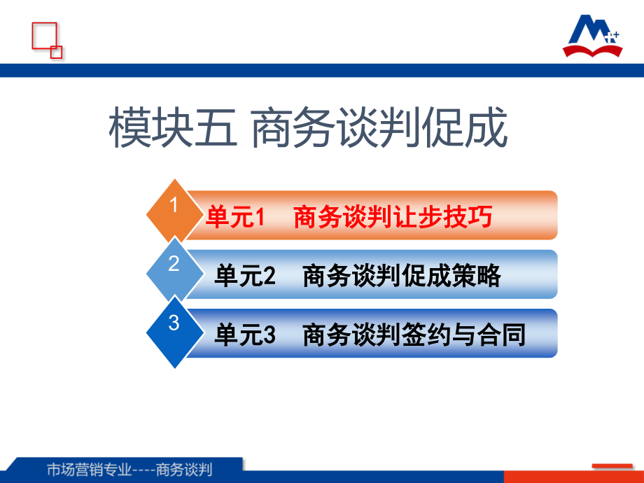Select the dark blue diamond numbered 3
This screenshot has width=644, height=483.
[x=174, y=331]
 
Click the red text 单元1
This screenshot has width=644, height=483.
[x=235, y=216]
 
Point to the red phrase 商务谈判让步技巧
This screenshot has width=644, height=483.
[x=393, y=216]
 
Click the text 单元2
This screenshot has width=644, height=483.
[x=245, y=275]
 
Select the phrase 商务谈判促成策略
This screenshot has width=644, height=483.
[x=402, y=275]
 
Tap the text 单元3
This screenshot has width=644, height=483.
[x=245, y=335]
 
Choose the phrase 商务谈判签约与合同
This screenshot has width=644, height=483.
[x=414, y=335]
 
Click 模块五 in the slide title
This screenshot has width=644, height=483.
[x=173, y=127]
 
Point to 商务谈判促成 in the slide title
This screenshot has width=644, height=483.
[x=379, y=127]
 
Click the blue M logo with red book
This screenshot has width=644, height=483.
[x=592, y=36]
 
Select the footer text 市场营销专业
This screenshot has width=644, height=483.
[x=89, y=469]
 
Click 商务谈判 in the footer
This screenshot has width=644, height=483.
[x=184, y=469]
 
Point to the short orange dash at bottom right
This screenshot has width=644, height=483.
[x=612, y=465]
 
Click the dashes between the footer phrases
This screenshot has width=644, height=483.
[x=143, y=470]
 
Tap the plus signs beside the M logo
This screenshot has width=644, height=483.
[x=612, y=37]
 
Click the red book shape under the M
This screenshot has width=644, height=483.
[x=592, y=50]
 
